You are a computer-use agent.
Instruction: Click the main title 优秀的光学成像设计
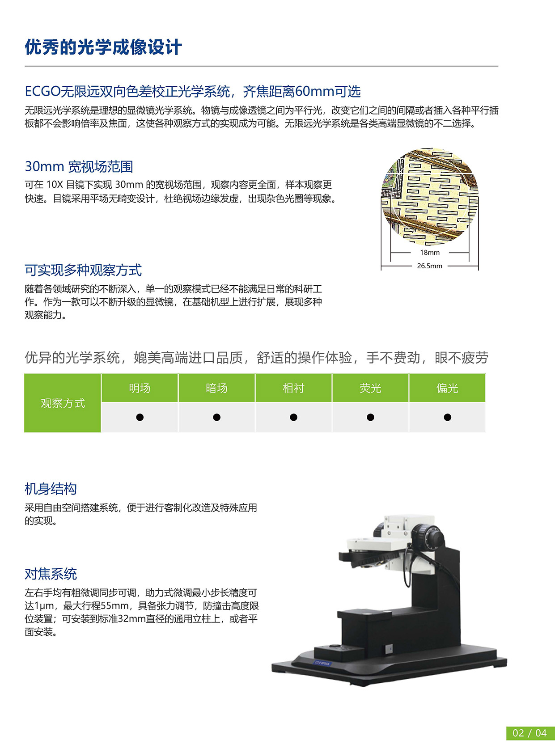[103, 47]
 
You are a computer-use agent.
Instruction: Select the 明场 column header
[140, 388]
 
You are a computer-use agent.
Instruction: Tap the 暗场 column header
[216, 388]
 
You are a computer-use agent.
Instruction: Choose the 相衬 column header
[293, 388]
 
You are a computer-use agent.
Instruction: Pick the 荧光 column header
[370, 388]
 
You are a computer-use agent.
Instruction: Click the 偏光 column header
[447, 388]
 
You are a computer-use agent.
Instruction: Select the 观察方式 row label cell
[63, 403]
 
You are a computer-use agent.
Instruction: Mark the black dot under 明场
[140, 417]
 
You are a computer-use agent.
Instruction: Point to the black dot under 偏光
[447, 417]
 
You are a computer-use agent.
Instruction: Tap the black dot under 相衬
[293, 417]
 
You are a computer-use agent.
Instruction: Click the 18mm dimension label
[429, 253]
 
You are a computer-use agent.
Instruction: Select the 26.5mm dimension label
[429, 266]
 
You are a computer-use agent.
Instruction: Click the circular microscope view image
[429, 197]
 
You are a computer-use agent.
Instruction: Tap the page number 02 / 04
[530, 733]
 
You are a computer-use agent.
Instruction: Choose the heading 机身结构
[51, 489]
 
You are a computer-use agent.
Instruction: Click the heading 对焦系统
[51, 574]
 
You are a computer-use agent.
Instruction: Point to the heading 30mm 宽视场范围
[79, 167]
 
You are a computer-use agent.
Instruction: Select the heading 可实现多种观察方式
[83, 270]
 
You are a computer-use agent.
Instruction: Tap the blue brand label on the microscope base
[322, 663]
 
